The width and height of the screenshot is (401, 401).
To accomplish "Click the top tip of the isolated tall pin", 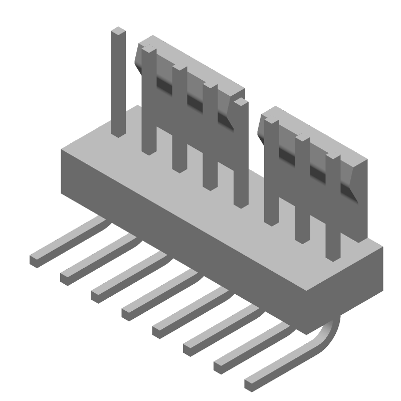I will pyautogui.click(x=118, y=32).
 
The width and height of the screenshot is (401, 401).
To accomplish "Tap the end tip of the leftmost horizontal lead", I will pyautogui.click(x=36, y=260).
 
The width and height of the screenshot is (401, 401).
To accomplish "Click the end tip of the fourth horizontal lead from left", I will pyautogui.click(x=127, y=313).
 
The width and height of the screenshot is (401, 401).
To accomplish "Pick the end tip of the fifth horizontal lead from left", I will pyautogui.click(x=158, y=330).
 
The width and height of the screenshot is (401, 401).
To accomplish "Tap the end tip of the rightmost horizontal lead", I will pyautogui.click(x=250, y=383).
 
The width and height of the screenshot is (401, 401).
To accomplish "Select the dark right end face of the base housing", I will pyautogui.click(x=373, y=281).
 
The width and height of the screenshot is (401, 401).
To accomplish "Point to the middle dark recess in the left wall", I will pyautogui.click(x=195, y=102).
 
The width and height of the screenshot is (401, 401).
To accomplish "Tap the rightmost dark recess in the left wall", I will pyautogui.click(x=225, y=119).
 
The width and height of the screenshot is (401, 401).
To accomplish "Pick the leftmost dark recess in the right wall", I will pyautogui.click(x=287, y=154).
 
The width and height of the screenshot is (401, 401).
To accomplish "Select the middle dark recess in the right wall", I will pyautogui.click(x=317, y=172).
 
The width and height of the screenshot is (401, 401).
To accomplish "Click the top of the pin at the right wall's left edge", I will pyautogui.click(x=271, y=122).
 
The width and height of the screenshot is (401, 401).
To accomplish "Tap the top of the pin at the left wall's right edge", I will pyautogui.click(x=241, y=102).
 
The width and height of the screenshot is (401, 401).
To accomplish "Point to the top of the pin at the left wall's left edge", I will pyautogui.click(x=149, y=50).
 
